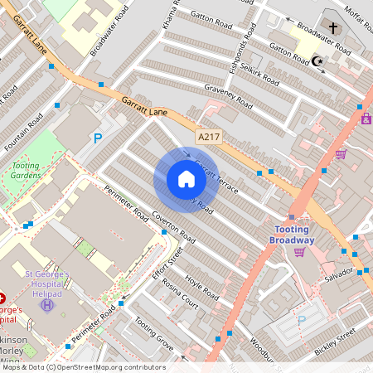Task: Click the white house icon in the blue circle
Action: [186, 179]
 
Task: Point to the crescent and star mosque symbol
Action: [317, 61]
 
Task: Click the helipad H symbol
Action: [47, 305]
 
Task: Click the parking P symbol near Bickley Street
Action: [301, 321]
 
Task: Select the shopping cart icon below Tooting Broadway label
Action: [299, 251]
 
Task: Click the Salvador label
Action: [338, 274]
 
